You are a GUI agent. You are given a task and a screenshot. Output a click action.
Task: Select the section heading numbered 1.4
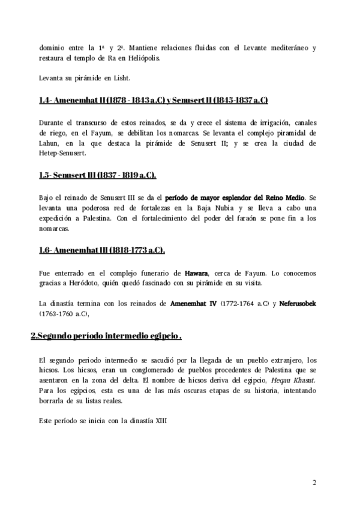point(153,100)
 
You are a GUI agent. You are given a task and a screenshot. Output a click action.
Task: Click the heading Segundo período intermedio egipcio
point(106,336)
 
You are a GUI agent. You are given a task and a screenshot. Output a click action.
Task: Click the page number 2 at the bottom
point(315,482)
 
